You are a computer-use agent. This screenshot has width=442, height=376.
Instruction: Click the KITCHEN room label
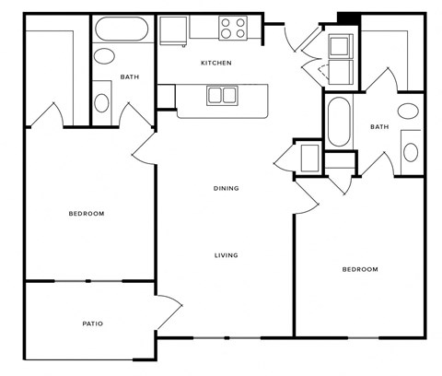(x=216, y=63)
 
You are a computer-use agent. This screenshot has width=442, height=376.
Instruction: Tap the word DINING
(x=226, y=188)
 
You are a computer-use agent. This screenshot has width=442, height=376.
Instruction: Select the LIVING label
(x=226, y=255)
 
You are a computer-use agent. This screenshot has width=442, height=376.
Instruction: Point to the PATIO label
(x=91, y=323)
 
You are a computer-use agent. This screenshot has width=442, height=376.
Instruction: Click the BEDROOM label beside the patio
(x=87, y=213)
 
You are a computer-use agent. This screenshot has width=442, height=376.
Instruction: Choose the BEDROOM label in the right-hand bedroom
(x=360, y=269)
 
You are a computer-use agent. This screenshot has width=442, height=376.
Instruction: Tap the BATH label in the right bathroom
(x=378, y=126)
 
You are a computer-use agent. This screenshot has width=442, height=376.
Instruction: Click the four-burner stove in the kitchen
(x=234, y=29)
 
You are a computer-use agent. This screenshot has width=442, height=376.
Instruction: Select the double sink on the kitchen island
(x=221, y=94)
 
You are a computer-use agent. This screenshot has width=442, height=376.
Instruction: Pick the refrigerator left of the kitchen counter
(x=172, y=29)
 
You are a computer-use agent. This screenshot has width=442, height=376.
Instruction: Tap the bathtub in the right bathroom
(x=338, y=122)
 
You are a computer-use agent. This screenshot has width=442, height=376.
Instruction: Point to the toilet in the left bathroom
(x=103, y=100)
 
